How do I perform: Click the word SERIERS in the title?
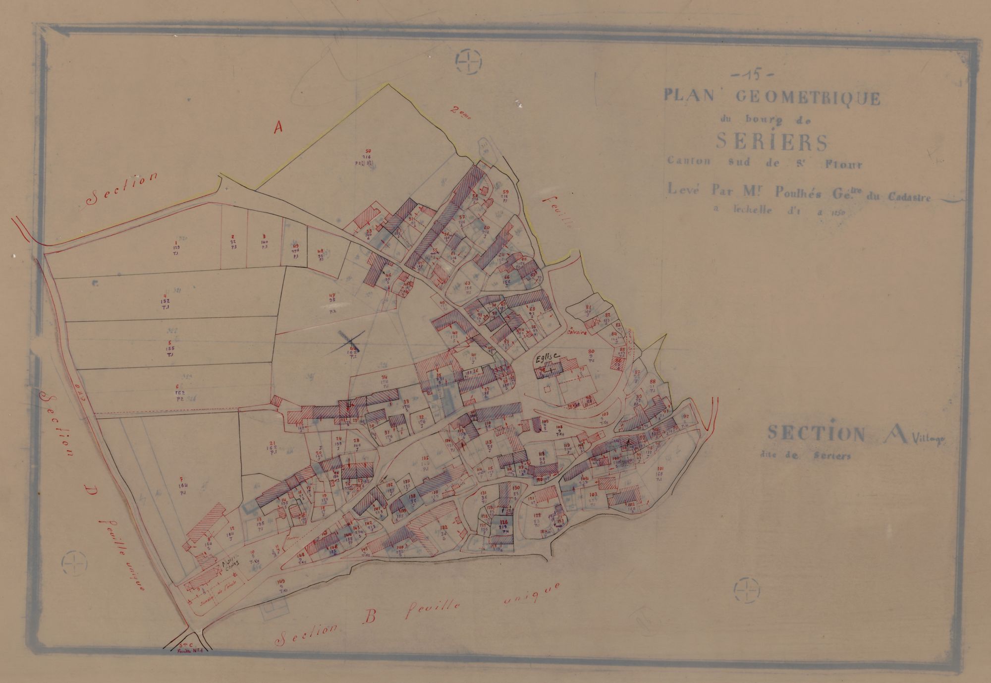click(x=772, y=143)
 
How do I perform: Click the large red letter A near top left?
click(x=278, y=127)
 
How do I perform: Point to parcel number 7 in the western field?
click(x=182, y=479)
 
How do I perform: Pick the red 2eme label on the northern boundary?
click(x=461, y=111)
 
